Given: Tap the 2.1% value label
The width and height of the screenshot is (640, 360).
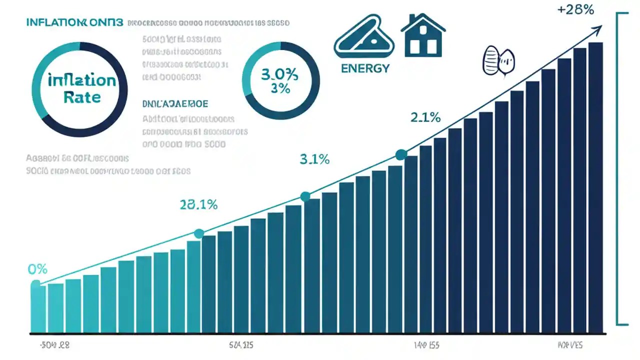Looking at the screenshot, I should click(x=425, y=117).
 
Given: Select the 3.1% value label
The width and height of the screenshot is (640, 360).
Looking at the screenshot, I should click(x=314, y=159).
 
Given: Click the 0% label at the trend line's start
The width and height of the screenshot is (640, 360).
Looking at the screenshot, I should click(x=37, y=269).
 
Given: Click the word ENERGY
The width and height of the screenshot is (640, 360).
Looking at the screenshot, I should click(x=365, y=68).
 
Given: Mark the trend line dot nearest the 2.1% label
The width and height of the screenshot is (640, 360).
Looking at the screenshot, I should click(x=400, y=155).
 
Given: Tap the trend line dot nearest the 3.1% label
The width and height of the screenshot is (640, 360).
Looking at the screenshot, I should click(x=305, y=196).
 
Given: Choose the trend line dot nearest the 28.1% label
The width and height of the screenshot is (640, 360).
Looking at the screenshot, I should click(x=199, y=233).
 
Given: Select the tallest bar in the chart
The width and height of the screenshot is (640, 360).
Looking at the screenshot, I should click(x=595, y=187).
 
